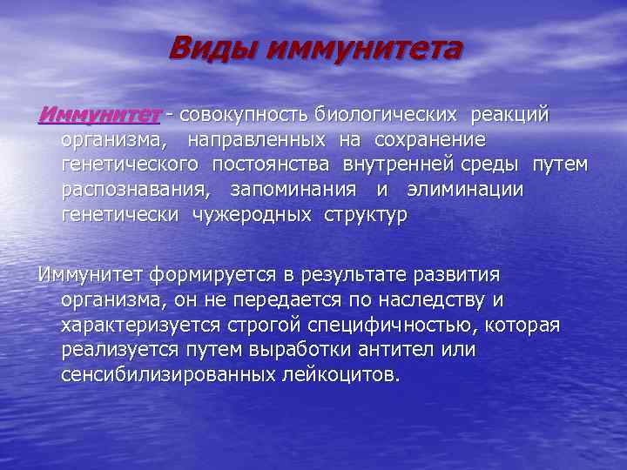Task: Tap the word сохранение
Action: click(430, 140)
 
